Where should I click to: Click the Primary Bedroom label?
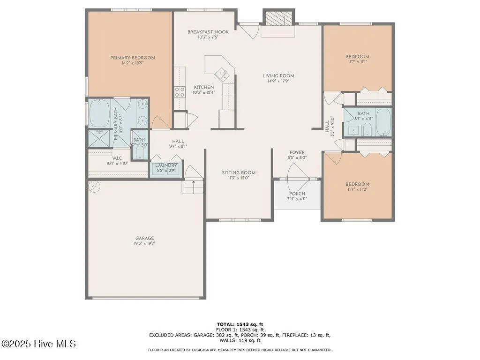click(133, 58)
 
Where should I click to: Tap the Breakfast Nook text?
click(208, 32)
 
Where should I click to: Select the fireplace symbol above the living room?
click(278, 19)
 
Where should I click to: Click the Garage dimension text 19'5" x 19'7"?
click(145, 243)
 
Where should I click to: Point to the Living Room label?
click(278, 75)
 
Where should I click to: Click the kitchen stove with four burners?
click(180, 92)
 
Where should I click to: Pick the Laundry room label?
click(166, 165)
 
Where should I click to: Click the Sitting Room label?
click(239, 172)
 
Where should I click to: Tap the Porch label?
click(297, 194)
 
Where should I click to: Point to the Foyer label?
click(297, 153)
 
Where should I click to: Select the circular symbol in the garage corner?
click(94, 187)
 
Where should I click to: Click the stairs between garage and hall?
click(194, 187)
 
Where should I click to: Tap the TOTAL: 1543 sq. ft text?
click(240, 324)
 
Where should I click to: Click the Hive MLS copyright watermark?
click(38, 344)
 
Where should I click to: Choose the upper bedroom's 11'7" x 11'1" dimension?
click(358, 61)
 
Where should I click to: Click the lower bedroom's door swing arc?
click(334, 159)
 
